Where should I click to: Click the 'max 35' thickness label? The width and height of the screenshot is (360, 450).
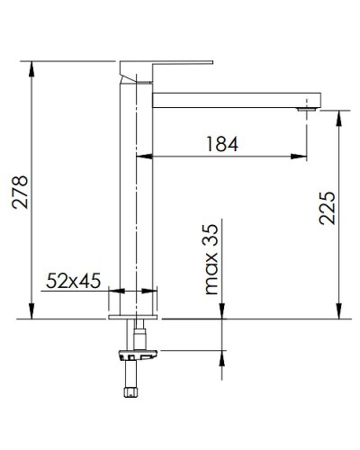[x=211, y=261]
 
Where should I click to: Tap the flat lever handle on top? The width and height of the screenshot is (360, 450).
[x=166, y=66]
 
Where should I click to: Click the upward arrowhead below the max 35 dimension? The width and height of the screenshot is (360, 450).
[x=220, y=359]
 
